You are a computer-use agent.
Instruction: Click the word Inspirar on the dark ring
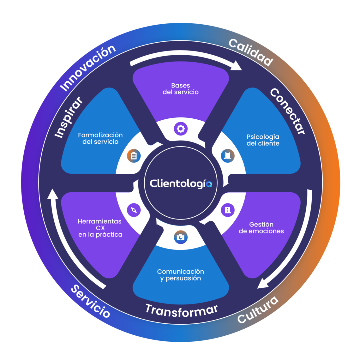click(x=68, y=117)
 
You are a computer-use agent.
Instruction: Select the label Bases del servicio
click(x=181, y=89)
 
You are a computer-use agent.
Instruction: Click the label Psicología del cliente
click(x=263, y=140)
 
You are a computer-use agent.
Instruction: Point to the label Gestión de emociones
click(x=261, y=228)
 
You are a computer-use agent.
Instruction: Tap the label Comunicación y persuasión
click(x=181, y=275)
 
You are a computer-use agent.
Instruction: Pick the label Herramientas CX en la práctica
click(x=100, y=228)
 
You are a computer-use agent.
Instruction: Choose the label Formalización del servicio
click(x=100, y=138)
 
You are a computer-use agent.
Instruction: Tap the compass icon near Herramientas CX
click(x=134, y=210)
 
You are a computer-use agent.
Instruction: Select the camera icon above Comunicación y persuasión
click(x=181, y=237)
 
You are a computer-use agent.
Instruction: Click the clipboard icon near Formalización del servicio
click(x=134, y=155)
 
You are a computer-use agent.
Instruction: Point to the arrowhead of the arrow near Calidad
click(x=237, y=66)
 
